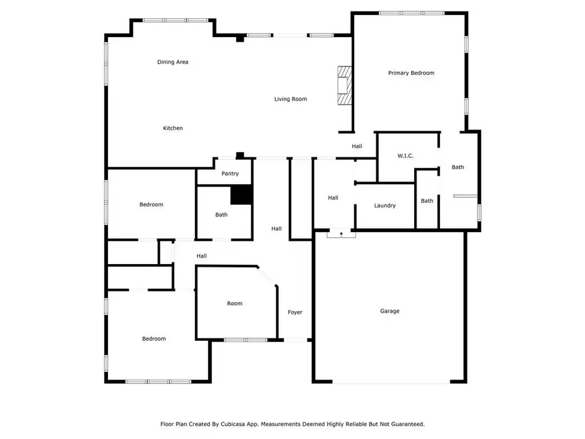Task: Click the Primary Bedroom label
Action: (x=411, y=73)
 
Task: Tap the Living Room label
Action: (x=290, y=99)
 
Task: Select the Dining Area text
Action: (x=173, y=62)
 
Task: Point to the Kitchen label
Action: (x=173, y=128)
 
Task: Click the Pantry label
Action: (x=230, y=174)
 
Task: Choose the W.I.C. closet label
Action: (x=406, y=156)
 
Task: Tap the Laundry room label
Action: (x=385, y=206)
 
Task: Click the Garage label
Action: (x=389, y=311)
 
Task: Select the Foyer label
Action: (x=295, y=312)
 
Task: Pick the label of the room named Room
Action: (x=235, y=303)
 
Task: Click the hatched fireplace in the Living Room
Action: (x=343, y=85)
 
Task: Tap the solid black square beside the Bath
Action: (x=241, y=195)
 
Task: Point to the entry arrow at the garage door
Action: (x=341, y=233)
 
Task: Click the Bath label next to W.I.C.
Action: (x=458, y=167)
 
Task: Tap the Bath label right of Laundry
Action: (x=427, y=201)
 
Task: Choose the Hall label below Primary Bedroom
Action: (x=357, y=146)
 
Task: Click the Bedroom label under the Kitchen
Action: (x=151, y=204)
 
